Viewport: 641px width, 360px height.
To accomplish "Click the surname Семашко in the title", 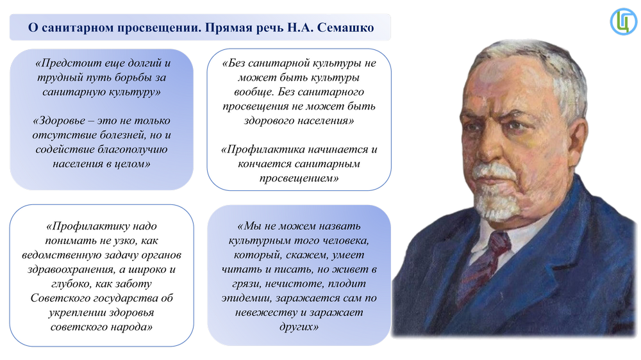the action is click(x=345, y=28).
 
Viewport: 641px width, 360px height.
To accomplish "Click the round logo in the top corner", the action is click(x=624, y=21).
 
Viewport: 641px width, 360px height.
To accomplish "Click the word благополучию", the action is click(x=132, y=149).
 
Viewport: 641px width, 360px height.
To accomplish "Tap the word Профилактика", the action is click(x=262, y=149).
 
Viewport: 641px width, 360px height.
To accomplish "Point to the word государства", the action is click(x=126, y=298).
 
